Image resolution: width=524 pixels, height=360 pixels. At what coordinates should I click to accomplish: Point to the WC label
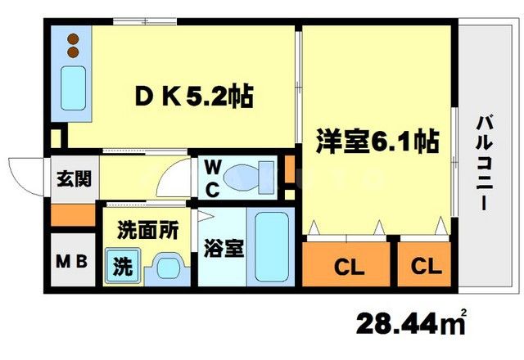click(x=211, y=179)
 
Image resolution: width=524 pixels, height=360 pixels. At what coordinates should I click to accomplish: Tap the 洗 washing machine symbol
click(x=121, y=267)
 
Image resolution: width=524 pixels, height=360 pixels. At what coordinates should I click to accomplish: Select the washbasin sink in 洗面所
click(x=168, y=267)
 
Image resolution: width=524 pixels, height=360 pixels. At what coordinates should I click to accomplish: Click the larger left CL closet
click(x=349, y=266)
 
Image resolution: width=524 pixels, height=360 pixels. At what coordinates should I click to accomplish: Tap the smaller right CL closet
click(x=426, y=266)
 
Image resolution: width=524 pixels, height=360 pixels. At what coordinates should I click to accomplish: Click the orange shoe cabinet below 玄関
click(x=71, y=216)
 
